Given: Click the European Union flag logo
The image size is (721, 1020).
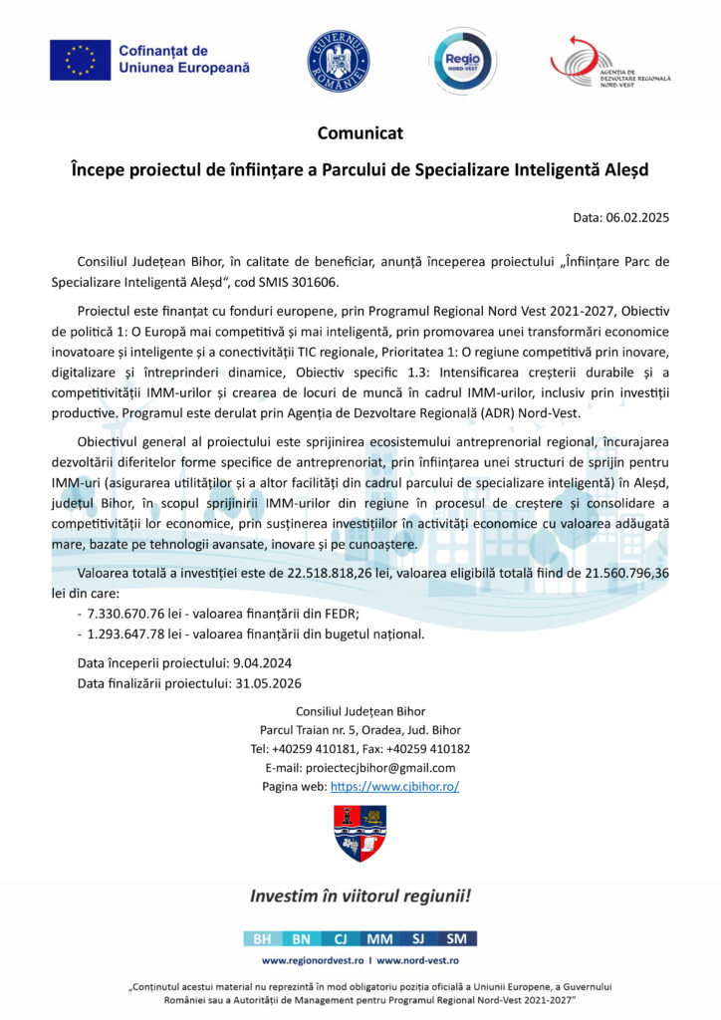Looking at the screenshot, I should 80,61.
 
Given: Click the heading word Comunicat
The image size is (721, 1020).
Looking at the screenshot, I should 360,132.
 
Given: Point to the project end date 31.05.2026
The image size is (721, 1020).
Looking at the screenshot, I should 268,683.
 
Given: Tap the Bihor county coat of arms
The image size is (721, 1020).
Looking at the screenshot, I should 360,833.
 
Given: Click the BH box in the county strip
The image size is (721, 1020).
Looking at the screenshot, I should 262,938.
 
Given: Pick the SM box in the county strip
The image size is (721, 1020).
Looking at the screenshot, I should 457,938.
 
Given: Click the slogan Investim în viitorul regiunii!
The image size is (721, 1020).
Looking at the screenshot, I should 360,895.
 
